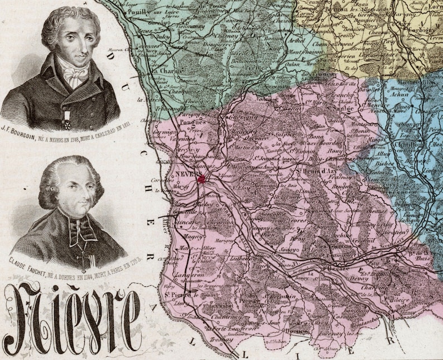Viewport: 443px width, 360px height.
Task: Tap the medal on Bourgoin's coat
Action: point(68,117)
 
